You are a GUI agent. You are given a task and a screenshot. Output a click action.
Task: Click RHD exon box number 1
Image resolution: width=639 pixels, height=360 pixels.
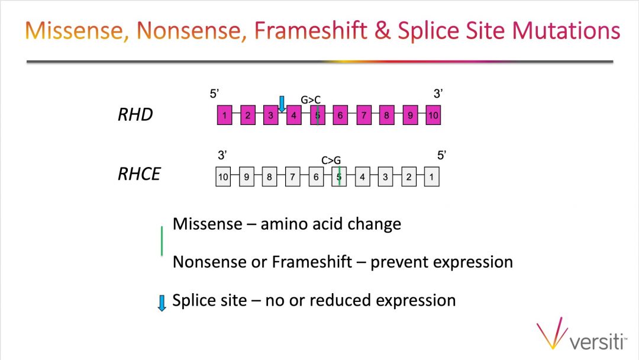(x=225, y=115)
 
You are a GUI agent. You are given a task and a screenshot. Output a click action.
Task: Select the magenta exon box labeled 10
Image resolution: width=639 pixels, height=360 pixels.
(x=433, y=115)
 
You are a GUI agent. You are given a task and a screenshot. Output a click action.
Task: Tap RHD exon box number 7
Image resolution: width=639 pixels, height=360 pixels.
(x=364, y=115)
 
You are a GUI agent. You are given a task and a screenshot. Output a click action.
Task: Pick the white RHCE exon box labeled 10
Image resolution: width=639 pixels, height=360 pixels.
(x=223, y=176)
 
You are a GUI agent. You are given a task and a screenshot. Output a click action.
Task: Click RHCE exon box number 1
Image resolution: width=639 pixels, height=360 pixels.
(x=431, y=176)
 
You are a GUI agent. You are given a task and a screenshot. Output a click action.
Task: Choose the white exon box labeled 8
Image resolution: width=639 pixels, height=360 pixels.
(x=269, y=176)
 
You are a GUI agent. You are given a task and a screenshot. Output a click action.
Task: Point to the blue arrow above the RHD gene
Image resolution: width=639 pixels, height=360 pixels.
(x=282, y=104)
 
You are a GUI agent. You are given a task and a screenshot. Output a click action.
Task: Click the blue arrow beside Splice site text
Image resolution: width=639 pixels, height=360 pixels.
(x=162, y=303)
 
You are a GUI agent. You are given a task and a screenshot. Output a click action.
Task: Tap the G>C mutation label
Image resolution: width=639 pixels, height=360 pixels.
(x=311, y=99)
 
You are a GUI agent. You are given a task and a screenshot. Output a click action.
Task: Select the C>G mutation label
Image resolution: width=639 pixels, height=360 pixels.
(x=331, y=160)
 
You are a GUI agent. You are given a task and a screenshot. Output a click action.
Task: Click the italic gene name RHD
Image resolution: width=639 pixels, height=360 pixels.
(x=135, y=114)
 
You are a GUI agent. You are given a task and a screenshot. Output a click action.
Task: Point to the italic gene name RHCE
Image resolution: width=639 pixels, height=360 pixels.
(x=140, y=174)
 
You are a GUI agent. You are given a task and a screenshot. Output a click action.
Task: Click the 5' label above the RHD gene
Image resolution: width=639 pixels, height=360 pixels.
(x=214, y=94)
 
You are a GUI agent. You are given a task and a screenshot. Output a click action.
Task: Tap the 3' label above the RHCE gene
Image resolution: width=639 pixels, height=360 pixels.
(x=222, y=155)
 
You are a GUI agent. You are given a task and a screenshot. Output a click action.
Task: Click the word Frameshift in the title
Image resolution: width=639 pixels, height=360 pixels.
(x=311, y=31)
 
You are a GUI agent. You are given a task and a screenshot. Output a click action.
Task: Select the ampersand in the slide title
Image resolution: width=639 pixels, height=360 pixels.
(x=382, y=31)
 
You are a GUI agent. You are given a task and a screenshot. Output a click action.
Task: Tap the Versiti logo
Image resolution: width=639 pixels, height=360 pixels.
(x=582, y=334)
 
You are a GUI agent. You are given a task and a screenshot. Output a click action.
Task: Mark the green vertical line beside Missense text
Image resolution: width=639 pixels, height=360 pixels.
(x=162, y=241)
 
